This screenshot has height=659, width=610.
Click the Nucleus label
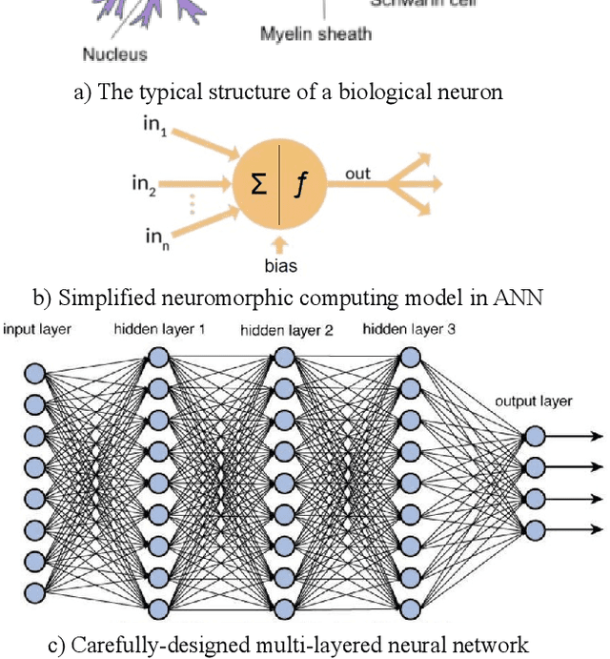pyautogui.click(x=115, y=54)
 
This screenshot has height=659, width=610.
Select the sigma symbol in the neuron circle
pyautogui.click(x=258, y=183)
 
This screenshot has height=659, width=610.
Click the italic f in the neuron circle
pyautogui.click(x=300, y=183)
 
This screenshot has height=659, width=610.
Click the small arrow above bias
pyautogui.click(x=279, y=245)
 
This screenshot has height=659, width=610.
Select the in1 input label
pyautogui.click(x=155, y=127)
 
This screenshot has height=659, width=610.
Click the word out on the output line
pyautogui.click(x=357, y=174)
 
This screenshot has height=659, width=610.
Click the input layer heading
pyautogui.click(x=37, y=330)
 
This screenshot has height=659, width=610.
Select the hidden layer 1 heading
pyautogui.click(x=160, y=330)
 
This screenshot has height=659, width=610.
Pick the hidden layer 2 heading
pyautogui.click(x=286, y=331)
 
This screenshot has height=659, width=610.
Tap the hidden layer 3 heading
pyautogui.click(x=409, y=330)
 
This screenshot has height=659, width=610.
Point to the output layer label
pyautogui.click(x=534, y=401)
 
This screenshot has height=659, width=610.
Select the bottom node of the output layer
pyautogui.click(x=535, y=529)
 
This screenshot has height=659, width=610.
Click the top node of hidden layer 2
pyautogui.click(x=283, y=357)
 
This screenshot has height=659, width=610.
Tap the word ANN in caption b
pyautogui.click(x=518, y=298)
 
